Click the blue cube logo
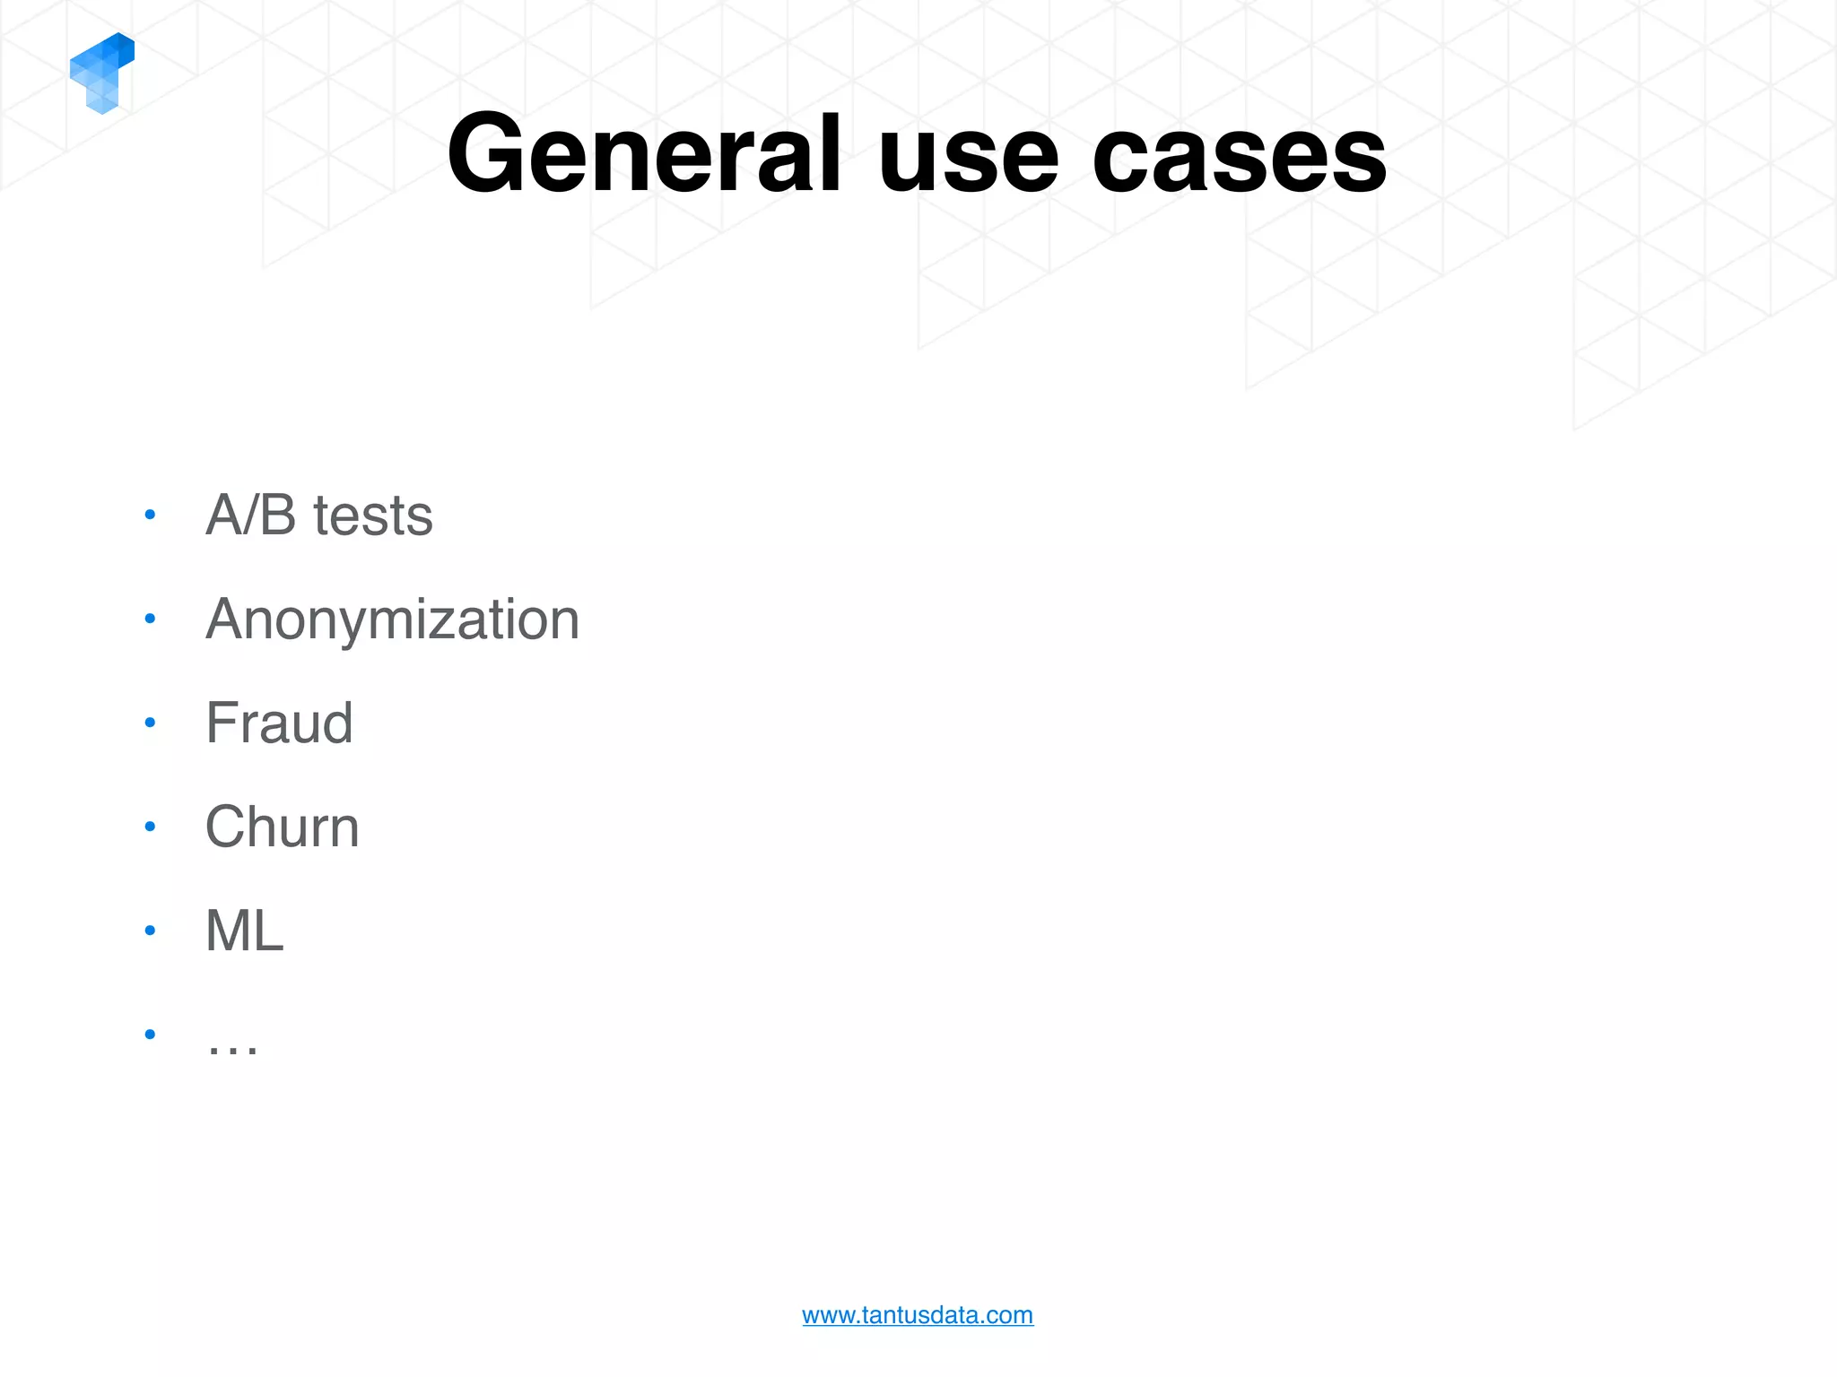101,73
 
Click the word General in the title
644,154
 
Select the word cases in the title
1239,160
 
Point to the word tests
373,517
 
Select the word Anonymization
393,620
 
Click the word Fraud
279,723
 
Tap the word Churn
282,827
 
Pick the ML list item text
245,931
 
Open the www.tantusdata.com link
918,1315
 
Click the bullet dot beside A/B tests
150,515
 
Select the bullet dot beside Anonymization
150,619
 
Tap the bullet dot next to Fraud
150,723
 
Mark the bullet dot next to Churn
150,827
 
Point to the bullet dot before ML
150,931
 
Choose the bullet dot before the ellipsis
150,1035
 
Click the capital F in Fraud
221,723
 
